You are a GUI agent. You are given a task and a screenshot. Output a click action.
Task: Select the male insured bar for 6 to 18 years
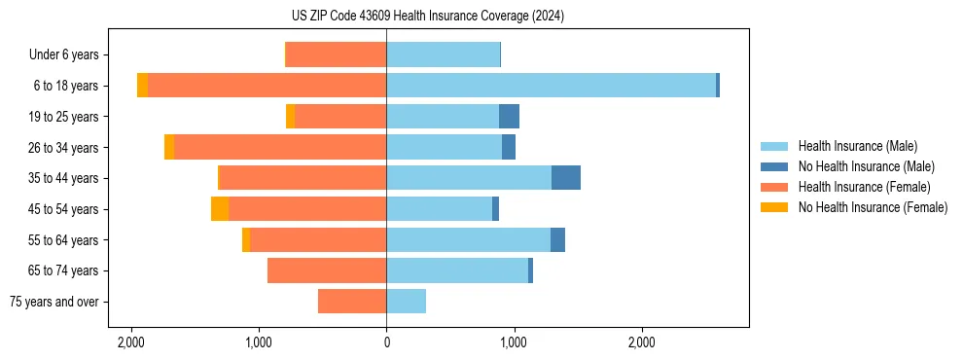click(x=551, y=86)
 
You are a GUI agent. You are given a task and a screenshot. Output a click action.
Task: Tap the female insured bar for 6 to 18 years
click(x=267, y=86)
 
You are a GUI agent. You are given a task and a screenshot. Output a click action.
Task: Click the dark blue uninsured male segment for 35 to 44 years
click(x=566, y=178)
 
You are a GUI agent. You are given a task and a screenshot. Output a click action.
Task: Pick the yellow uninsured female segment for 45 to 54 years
click(x=220, y=209)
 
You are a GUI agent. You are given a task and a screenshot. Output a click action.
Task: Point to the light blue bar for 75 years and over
click(x=406, y=302)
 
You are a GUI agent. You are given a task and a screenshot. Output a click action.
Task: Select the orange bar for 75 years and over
click(x=352, y=302)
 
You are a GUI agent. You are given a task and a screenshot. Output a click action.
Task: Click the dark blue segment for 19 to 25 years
click(x=509, y=117)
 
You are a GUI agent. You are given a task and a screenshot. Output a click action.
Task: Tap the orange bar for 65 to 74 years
click(x=327, y=270)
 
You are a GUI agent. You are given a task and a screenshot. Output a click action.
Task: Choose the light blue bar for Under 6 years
click(x=443, y=54)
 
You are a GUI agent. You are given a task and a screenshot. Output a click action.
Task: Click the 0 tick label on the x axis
click(x=386, y=342)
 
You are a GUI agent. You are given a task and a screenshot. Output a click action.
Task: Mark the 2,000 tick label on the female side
click(x=130, y=342)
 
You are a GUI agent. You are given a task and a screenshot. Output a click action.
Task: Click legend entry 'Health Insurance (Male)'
click(x=857, y=146)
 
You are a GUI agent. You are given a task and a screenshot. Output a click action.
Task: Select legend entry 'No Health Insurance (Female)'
click(x=873, y=207)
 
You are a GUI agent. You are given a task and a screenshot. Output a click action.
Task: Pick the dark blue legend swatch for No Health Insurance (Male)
click(x=774, y=166)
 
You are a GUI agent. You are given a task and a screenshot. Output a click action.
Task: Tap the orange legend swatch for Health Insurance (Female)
click(x=774, y=187)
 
